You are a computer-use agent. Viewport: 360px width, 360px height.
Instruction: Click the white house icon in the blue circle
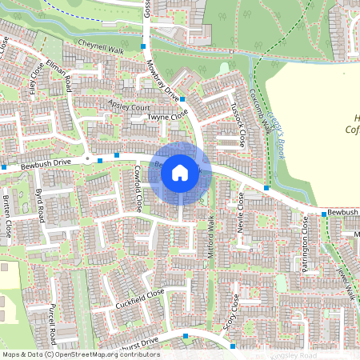click(180, 172)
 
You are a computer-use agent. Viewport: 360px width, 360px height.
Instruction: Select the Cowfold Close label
click(137, 187)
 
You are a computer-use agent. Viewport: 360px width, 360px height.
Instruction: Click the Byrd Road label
click(39, 206)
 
